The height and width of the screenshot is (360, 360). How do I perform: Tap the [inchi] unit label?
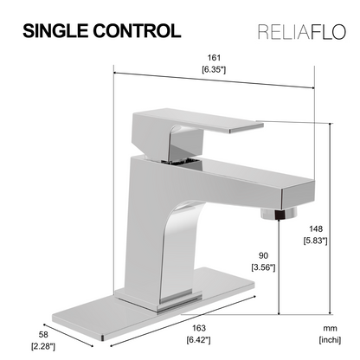pos(329,341)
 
